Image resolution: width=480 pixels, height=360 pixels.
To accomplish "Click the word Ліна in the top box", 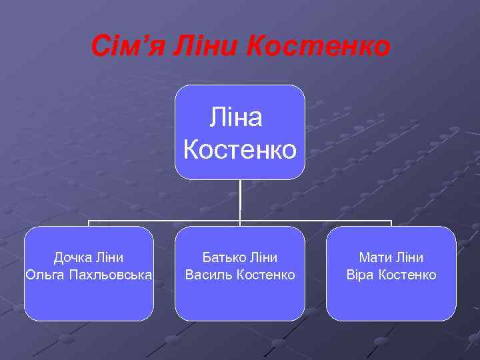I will coord(236,118).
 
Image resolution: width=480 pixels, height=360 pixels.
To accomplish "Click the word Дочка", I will coord(73,257).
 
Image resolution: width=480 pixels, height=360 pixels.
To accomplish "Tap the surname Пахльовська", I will coord(111,275).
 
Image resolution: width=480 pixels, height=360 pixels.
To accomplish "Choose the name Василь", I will coord(208,275).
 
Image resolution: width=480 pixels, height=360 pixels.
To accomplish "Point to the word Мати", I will coord(375,257).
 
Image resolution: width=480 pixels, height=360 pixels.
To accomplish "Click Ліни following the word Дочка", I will coord(108,257).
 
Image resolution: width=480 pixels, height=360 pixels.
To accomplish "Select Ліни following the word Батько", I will coord(263,257).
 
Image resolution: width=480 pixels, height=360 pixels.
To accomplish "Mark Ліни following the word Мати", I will coord(409,257).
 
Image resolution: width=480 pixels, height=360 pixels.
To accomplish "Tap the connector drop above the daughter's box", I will coord(89,223).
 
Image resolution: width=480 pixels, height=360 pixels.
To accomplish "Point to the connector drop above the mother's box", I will coord(391,223).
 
